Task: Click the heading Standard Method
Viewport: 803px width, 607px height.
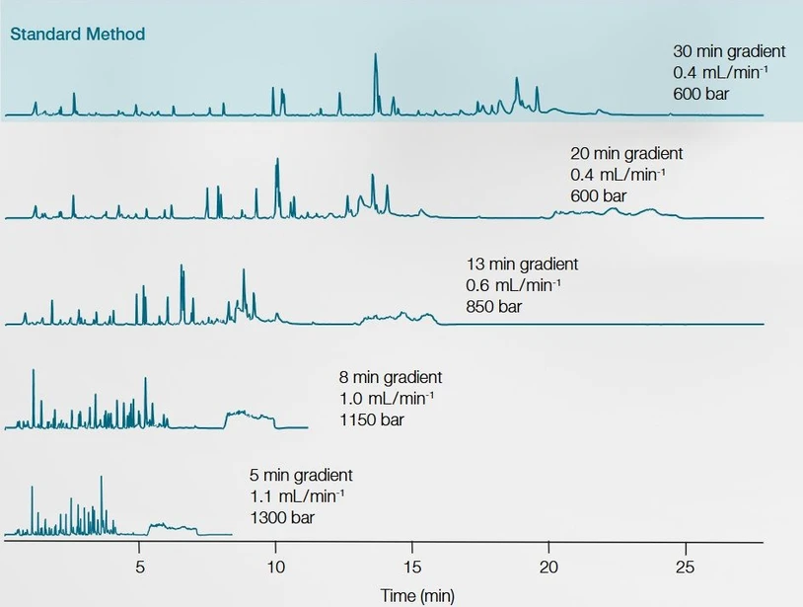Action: [78, 35]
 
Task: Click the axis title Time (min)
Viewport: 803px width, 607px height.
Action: [417, 595]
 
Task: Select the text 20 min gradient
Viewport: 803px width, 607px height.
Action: [626, 153]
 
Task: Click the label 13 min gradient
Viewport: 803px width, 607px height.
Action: [522, 264]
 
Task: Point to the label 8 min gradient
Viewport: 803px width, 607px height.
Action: [391, 377]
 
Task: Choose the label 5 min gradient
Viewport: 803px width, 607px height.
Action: [301, 475]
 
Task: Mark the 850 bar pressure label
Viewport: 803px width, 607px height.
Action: [494, 307]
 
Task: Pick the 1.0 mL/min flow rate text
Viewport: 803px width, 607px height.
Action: [387, 399]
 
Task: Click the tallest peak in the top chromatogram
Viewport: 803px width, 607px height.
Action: [375, 57]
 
